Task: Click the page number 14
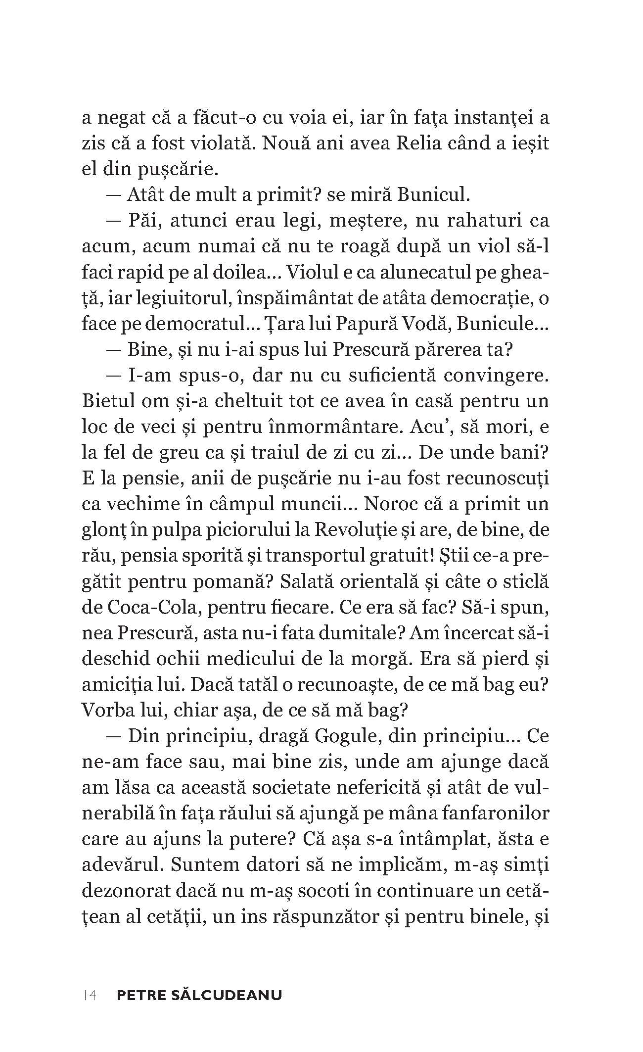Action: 90,995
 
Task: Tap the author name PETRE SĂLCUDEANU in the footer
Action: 199,995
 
